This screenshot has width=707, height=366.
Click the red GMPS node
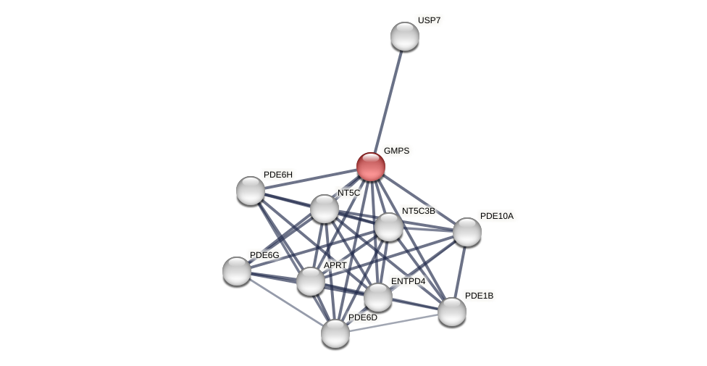click(370, 167)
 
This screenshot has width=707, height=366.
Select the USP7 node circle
click(404, 36)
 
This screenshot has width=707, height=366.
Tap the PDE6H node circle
click(251, 191)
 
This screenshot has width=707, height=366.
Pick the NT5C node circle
click(325, 209)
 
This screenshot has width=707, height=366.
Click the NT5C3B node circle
click(389, 227)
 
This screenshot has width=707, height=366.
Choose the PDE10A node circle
click(467, 232)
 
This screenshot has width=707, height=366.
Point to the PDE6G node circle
click(237, 271)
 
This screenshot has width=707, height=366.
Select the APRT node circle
click(311, 281)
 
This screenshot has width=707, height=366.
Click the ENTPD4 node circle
click(378, 297)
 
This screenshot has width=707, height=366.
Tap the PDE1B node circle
click(452, 312)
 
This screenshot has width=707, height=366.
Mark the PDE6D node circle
click(335, 333)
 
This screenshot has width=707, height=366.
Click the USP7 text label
click(429, 20)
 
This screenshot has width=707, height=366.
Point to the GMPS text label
click(396, 151)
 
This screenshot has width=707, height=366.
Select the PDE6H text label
click(277, 175)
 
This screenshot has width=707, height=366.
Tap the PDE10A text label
click(496, 216)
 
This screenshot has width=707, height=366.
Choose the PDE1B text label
click(479, 296)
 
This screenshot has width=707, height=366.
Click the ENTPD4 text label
click(408, 281)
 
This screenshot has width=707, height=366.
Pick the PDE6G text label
click(264, 255)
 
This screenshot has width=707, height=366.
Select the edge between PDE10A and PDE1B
click(459, 272)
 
